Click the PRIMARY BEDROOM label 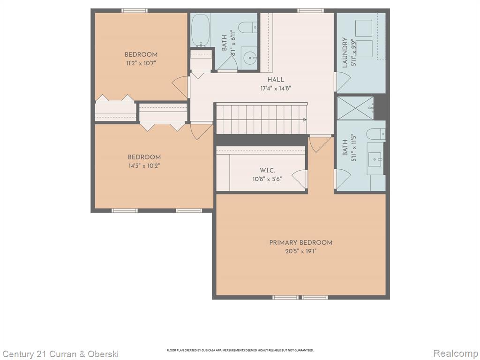(300, 242)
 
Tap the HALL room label (276, 80)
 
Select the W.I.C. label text (267, 171)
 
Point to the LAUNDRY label (345, 52)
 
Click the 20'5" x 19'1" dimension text (300, 252)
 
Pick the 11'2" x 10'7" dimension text (141, 63)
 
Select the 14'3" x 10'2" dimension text (144, 166)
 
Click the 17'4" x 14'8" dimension (276, 89)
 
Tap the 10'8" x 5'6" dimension (267, 179)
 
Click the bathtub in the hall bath (201, 30)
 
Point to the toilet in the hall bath (247, 28)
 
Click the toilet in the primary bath (376, 134)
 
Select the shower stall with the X (355, 108)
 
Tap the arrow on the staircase (305, 120)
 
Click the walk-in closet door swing (300, 179)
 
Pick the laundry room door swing (343, 82)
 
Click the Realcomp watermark (456, 353)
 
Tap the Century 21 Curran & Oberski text (60, 354)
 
